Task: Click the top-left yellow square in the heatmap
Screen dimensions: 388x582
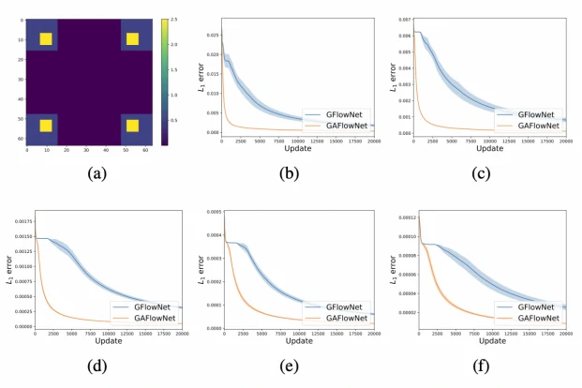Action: (46, 38)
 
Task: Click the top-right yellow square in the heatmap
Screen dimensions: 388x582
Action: (132, 38)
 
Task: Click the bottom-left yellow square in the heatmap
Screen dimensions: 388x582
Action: (46, 126)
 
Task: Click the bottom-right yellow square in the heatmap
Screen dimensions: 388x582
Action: (132, 126)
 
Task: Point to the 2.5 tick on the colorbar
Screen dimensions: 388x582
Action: (175, 21)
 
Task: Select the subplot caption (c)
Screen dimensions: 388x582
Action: (480, 173)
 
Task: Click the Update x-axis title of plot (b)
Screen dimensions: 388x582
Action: (298, 148)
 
